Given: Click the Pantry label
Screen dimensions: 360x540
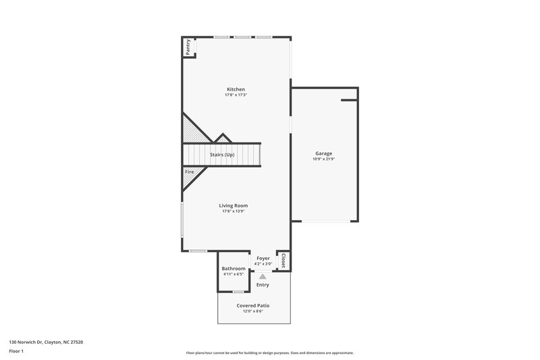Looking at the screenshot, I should pyautogui.click(x=188, y=47).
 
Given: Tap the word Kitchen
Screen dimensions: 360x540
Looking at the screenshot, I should pyautogui.click(x=236, y=89).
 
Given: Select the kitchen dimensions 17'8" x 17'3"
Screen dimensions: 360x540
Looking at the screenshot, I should pyautogui.click(x=236, y=95).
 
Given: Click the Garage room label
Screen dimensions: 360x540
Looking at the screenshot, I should pyautogui.click(x=323, y=153).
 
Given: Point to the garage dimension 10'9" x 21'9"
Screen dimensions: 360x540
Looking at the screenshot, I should pyautogui.click(x=323, y=159).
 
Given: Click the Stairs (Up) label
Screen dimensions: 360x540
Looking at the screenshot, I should pyautogui.click(x=222, y=155).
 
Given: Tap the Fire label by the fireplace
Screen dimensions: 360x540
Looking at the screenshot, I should pyautogui.click(x=189, y=173).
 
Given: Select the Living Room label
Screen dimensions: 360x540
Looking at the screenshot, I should pyautogui.click(x=233, y=205).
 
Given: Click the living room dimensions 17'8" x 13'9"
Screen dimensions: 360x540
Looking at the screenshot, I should pyautogui.click(x=233, y=211).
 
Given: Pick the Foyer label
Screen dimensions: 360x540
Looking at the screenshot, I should pyautogui.click(x=263, y=258).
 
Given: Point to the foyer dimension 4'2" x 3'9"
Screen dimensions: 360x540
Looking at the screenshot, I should pyautogui.click(x=263, y=263).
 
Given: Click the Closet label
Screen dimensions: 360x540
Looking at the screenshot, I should pyautogui.click(x=283, y=261).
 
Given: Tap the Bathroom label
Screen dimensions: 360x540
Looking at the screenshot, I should pyautogui.click(x=234, y=269).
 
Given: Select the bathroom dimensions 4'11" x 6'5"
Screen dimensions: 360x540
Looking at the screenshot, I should pyautogui.click(x=234, y=274).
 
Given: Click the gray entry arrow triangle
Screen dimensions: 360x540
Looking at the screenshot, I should pyautogui.click(x=263, y=276).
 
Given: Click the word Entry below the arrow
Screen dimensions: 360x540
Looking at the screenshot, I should pyautogui.click(x=263, y=285).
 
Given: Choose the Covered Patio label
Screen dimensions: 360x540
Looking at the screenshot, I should pyautogui.click(x=254, y=305).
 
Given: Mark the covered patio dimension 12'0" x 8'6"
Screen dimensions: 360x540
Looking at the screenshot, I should pyautogui.click(x=254, y=311).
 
